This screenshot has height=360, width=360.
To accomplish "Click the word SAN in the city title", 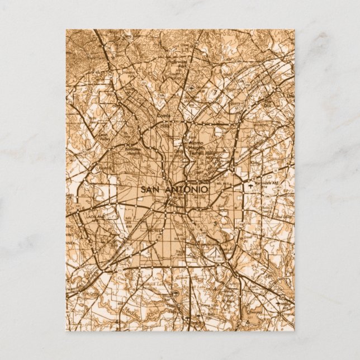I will point(150,190).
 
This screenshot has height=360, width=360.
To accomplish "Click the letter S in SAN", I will point(143,190).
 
